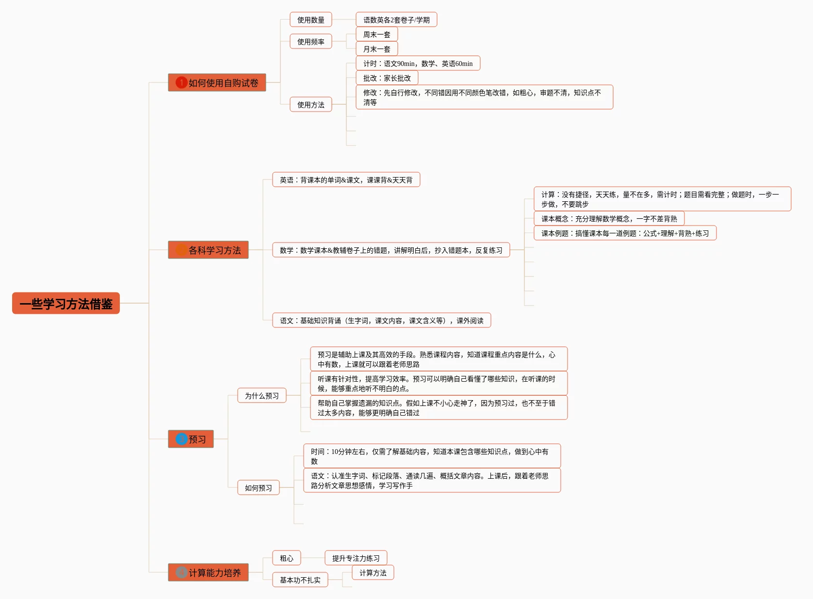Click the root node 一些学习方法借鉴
pyautogui.click(x=65, y=303)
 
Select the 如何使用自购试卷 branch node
pyautogui.click(x=217, y=83)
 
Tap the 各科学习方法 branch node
pyautogui.click(x=208, y=250)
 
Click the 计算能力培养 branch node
pyautogui.click(x=208, y=572)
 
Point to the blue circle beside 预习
pyautogui.click(x=181, y=439)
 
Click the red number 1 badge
pyautogui.click(x=181, y=82)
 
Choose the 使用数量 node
pyautogui.click(x=310, y=19)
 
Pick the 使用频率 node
pyautogui.click(x=310, y=42)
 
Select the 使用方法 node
pyautogui.click(x=310, y=104)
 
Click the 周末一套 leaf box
pyautogui.click(x=377, y=34)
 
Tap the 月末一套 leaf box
pyautogui.click(x=377, y=49)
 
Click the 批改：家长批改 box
pyautogui.click(x=387, y=78)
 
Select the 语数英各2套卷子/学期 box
pyautogui.click(x=396, y=19)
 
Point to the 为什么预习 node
pyautogui.click(x=261, y=395)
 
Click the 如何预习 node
pyautogui.click(x=259, y=487)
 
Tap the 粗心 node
pyautogui.click(x=287, y=558)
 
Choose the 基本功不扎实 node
pyautogui.click(x=300, y=580)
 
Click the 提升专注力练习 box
pyautogui.click(x=356, y=558)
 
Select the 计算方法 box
pyautogui.click(x=373, y=572)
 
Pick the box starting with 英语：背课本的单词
pyautogui.click(x=346, y=179)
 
